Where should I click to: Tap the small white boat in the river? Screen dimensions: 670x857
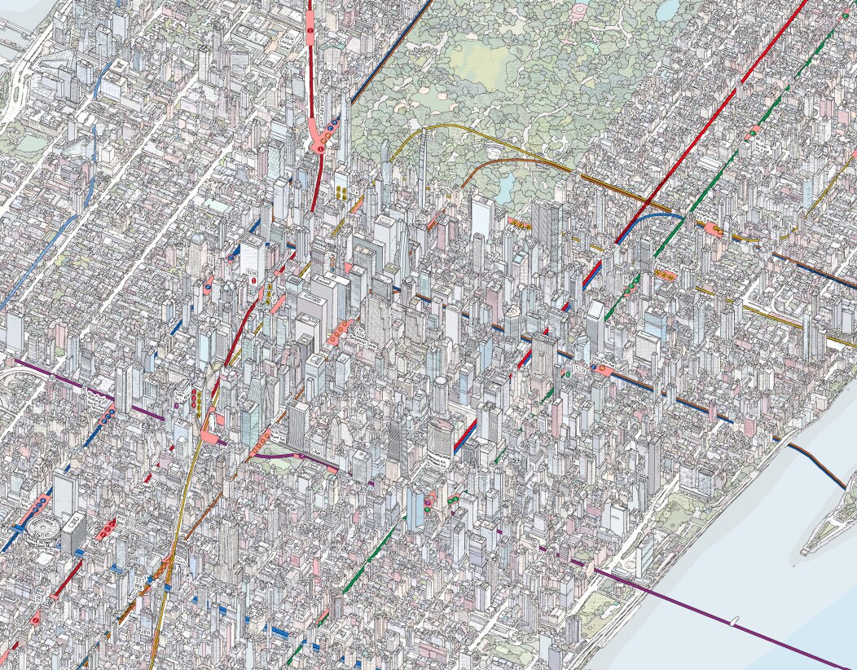click(x=735, y=621)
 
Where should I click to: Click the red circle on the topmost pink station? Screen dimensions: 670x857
click(x=310, y=31)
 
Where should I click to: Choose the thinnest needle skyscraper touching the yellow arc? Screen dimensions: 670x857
click(x=423, y=167)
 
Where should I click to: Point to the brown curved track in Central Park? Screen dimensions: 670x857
click(x=497, y=163)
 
